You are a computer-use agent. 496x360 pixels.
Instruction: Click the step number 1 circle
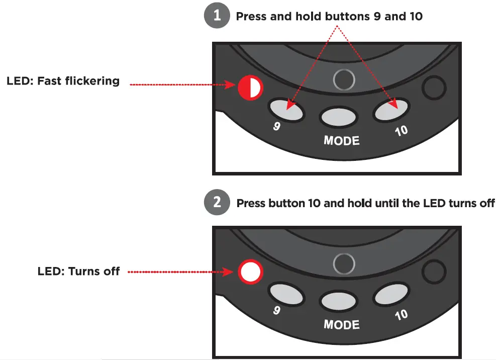pyautogui.click(x=217, y=16)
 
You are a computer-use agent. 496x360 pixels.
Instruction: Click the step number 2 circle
pyautogui.click(x=217, y=203)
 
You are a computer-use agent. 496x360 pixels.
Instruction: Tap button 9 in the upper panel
pyautogui.click(x=286, y=109)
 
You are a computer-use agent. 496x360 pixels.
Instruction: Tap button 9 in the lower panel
pyautogui.click(x=286, y=294)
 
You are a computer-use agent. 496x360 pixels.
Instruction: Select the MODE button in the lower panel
pyautogui.click(x=340, y=301)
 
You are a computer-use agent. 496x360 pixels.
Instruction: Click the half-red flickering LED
pyautogui.click(x=250, y=88)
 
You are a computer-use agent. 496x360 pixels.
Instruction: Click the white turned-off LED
pyautogui.click(x=250, y=272)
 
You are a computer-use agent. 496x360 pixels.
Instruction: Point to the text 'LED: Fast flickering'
pyautogui.click(x=63, y=81)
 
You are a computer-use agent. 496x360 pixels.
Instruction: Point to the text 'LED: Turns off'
pyautogui.click(x=78, y=272)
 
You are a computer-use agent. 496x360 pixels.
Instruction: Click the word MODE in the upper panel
pyautogui.click(x=342, y=140)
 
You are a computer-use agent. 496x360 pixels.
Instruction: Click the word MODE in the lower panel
pyautogui.click(x=342, y=324)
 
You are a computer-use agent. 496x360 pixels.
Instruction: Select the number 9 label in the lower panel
pyautogui.click(x=277, y=310)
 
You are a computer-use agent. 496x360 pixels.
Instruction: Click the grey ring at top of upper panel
pyautogui.click(x=344, y=79)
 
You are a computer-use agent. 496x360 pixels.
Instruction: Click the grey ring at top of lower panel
pyautogui.click(x=344, y=263)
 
